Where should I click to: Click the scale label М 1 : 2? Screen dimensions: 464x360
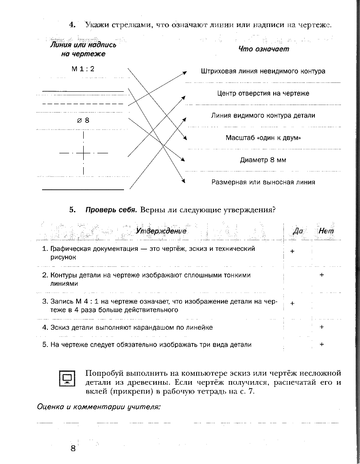point(83,69)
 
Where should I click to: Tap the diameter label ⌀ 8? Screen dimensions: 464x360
point(83,120)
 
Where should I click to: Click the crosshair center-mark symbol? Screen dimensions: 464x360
point(83,153)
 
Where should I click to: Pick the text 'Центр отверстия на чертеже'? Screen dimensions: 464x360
point(263,94)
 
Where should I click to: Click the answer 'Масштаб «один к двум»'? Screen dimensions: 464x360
point(263,138)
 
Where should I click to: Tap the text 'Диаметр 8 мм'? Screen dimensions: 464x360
point(263,160)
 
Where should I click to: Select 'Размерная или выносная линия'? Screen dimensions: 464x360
point(263,182)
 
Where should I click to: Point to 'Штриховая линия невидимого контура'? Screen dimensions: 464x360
point(263,71)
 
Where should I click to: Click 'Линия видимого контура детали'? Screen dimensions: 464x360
point(263,116)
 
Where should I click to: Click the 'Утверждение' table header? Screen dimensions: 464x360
point(161,231)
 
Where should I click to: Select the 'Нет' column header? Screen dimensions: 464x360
point(326,231)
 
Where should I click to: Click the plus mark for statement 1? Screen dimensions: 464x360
point(292,251)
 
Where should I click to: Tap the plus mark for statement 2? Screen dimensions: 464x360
point(322,275)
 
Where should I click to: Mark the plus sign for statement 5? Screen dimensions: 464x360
point(322,344)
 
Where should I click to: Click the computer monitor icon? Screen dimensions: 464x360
point(67,378)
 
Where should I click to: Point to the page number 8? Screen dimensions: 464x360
point(73,448)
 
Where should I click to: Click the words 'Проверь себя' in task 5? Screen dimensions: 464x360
point(110,210)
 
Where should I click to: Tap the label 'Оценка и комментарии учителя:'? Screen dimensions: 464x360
point(98,406)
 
